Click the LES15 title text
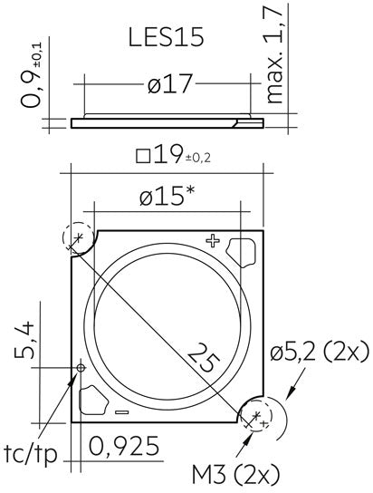pos(166,38)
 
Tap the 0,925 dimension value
pos(125,446)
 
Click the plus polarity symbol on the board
pos(213,240)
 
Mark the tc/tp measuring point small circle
pos(81,368)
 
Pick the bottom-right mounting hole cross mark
pos(256,416)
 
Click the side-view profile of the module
pos(163,121)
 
